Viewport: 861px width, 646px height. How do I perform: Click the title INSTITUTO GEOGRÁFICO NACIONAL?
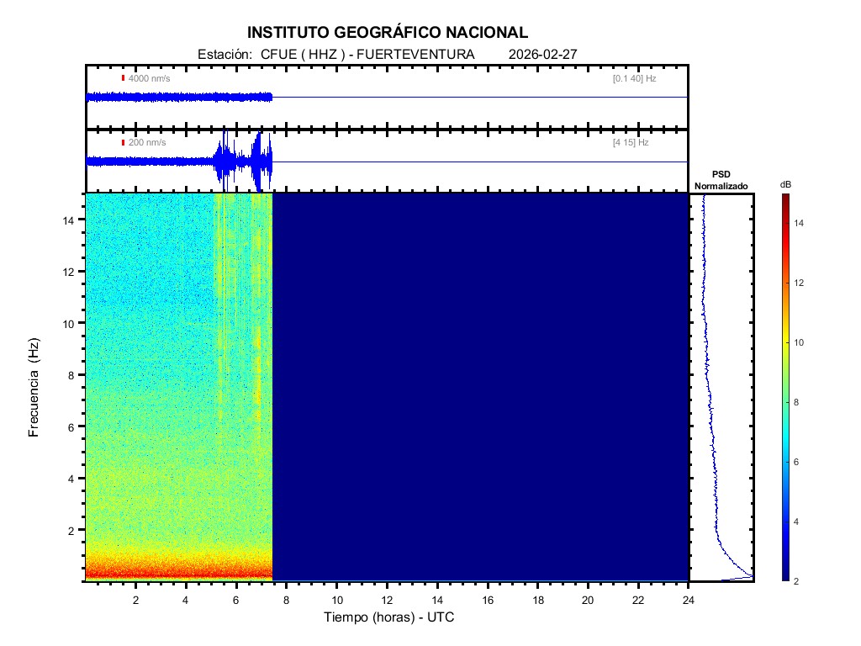point(388,33)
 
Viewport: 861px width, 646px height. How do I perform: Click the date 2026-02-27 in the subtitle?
point(542,55)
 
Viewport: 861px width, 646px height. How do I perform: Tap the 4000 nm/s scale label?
point(148,78)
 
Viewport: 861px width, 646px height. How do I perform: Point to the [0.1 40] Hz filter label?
point(635,78)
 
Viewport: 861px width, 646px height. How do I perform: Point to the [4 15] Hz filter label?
point(631,143)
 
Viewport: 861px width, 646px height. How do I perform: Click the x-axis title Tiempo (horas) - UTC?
point(389,617)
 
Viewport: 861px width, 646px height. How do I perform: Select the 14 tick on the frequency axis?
point(71,220)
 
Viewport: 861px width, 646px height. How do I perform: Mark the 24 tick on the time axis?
point(688,600)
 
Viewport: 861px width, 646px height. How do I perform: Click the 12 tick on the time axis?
point(387,600)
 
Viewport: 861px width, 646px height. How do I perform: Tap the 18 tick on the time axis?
point(537,600)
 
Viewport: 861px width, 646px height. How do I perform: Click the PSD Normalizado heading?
point(721,179)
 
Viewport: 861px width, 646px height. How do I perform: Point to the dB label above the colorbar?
point(784,184)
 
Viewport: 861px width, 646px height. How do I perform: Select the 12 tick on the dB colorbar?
point(800,283)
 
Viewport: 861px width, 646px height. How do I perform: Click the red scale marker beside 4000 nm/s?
point(123,78)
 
